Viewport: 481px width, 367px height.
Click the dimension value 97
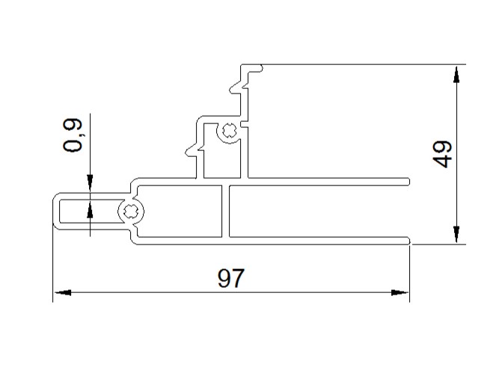231,278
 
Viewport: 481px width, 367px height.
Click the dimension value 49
442,154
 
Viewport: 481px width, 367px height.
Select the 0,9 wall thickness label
73,135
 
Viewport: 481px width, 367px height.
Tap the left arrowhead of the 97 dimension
63,292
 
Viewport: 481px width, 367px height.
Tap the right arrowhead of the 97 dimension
400,292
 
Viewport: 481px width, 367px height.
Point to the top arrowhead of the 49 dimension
456,75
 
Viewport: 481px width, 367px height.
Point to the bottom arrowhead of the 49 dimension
456,235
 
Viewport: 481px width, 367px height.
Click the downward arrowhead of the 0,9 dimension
90,183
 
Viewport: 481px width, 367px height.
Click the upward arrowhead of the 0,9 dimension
90,209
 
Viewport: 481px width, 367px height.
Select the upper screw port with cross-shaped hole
229,132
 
